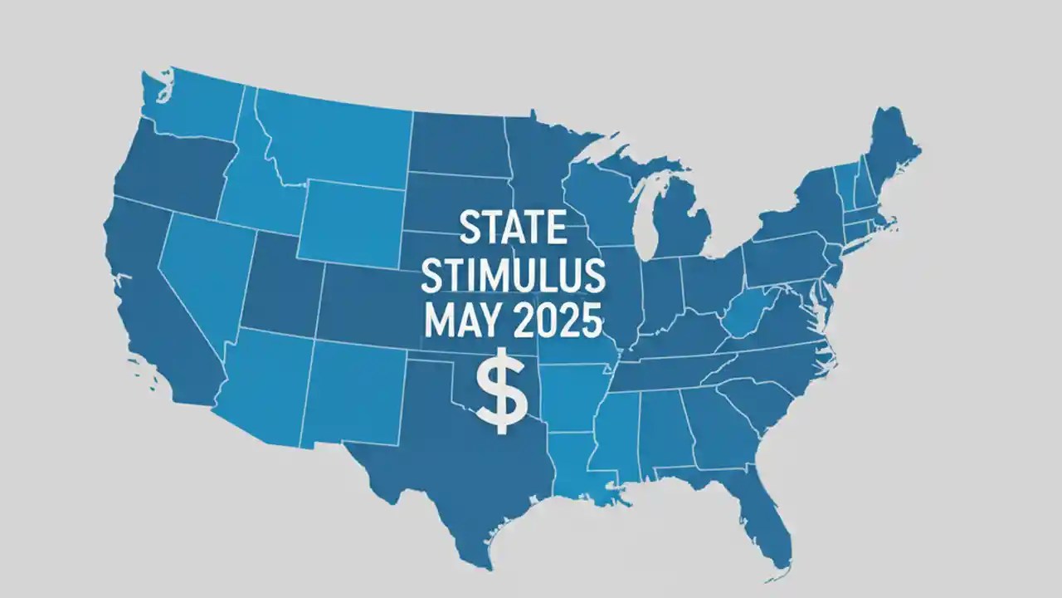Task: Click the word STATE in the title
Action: [512, 230]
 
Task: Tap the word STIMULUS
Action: [513, 277]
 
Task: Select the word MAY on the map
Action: [459, 321]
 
